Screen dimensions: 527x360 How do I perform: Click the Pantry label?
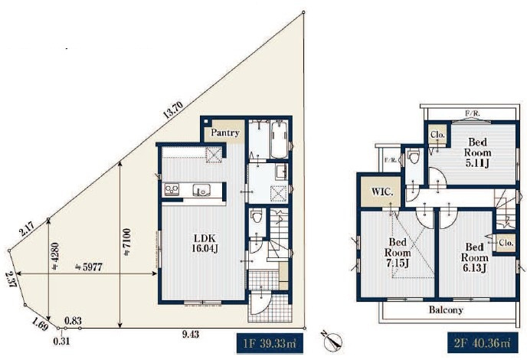point(225,133)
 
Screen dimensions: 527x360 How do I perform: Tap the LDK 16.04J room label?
point(205,244)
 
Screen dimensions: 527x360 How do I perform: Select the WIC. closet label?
point(382,192)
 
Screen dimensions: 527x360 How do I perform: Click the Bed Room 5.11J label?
point(478,152)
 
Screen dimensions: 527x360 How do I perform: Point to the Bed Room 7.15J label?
point(398,253)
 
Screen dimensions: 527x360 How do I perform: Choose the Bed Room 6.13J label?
point(475,257)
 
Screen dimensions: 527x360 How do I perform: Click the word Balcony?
point(446,309)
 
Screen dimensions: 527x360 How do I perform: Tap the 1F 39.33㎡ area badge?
point(270,343)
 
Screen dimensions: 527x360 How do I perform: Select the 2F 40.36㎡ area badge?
point(483,343)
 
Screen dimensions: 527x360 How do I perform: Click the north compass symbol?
point(332,340)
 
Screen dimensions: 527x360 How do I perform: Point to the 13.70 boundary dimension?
point(173,110)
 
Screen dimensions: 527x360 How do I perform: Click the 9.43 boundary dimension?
point(190,335)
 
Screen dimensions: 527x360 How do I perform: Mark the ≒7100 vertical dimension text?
point(126,243)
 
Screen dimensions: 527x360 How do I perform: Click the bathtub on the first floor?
point(279,140)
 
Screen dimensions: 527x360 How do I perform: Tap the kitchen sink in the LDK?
point(201,190)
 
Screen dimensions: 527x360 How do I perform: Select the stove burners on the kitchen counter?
point(172,190)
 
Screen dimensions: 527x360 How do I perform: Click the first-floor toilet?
point(257,216)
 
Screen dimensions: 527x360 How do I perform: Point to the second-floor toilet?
point(413,156)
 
